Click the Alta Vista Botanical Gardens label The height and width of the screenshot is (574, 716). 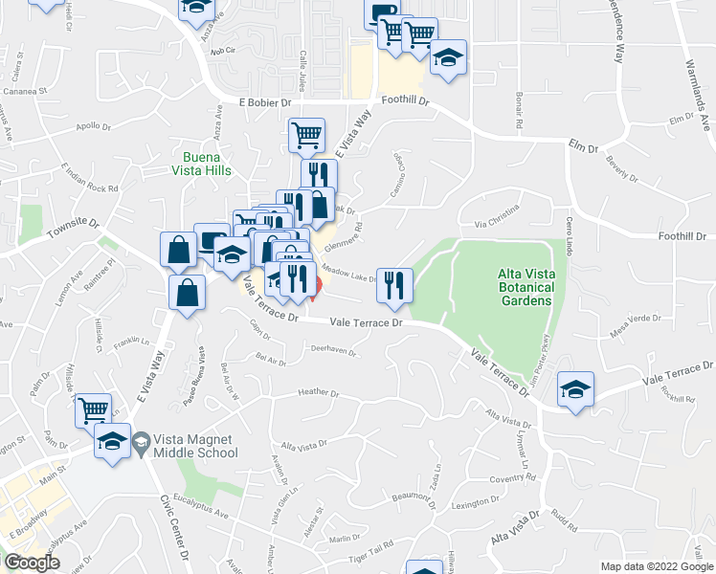point(526,287)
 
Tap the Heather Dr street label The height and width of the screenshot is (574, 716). point(319,392)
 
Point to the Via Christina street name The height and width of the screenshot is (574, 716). point(497,216)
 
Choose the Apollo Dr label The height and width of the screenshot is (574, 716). point(94,125)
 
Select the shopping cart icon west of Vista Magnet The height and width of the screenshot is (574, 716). point(93,410)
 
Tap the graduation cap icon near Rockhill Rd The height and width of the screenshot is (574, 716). point(576,388)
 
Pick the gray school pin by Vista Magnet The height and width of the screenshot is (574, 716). point(142,442)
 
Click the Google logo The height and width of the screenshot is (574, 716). point(32,563)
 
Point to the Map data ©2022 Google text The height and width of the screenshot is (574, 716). point(656,566)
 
